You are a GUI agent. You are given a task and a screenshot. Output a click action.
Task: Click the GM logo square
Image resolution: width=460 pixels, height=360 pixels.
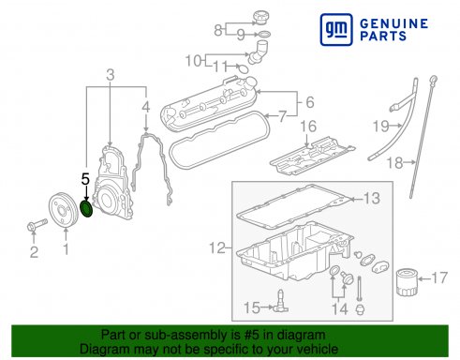(x=336, y=29)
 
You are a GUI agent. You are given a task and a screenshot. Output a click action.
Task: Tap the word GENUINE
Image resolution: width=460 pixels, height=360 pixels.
(x=394, y=23)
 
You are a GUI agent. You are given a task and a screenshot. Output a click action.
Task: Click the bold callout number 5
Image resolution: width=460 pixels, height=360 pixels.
(x=85, y=179)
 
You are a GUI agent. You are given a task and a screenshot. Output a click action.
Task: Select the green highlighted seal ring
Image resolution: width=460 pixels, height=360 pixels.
(x=86, y=209)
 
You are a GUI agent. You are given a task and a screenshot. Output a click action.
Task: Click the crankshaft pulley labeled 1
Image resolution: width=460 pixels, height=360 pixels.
(x=63, y=209)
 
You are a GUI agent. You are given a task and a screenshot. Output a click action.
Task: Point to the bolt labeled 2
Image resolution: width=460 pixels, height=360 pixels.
(x=37, y=225)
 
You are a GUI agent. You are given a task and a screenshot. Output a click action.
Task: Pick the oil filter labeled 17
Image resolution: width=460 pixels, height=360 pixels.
(x=407, y=283)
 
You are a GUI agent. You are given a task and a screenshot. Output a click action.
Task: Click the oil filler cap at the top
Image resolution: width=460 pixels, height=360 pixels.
(x=261, y=18)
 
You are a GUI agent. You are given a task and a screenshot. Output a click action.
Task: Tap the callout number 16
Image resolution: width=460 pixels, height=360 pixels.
(x=308, y=127)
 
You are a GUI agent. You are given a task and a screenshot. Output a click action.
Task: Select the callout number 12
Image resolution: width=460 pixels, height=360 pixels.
(x=217, y=248)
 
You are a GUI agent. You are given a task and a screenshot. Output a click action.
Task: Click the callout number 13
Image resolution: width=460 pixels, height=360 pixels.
(x=372, y=199)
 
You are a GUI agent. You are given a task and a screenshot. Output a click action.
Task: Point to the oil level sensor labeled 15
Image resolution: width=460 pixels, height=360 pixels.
(x=280, y=303)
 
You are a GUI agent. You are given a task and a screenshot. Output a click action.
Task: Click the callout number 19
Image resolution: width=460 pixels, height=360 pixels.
(x=381, y=127)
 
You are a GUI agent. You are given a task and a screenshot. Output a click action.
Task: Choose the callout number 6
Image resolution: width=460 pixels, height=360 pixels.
(x=310, y=102)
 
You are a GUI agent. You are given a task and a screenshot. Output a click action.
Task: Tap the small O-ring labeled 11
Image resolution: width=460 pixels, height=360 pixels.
(x=243, y=68)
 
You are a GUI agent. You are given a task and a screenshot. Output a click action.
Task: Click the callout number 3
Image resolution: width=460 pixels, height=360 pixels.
(x=111, y=75)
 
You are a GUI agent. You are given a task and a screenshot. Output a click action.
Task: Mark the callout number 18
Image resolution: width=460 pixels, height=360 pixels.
(x=394, y=163)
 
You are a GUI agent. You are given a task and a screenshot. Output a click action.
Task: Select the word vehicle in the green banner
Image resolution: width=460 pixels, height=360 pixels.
(x=319, y=349)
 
